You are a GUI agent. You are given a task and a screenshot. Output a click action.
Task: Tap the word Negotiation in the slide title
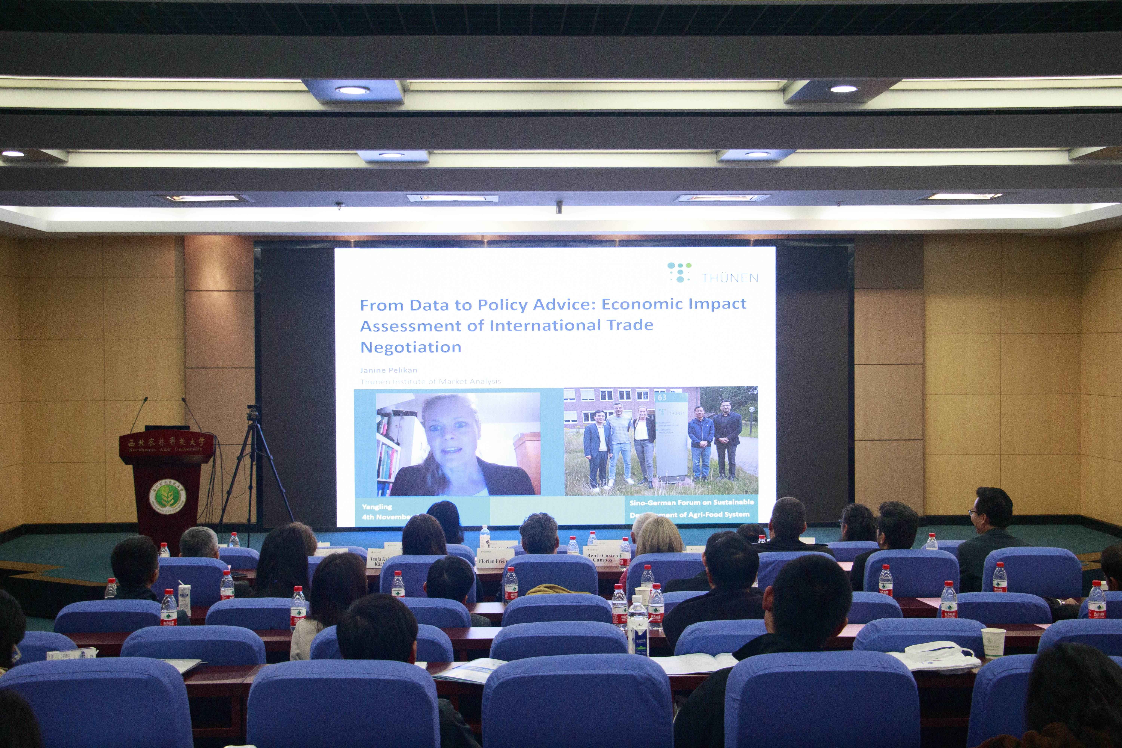[411, 347]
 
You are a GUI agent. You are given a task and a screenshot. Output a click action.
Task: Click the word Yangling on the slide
[377, 507]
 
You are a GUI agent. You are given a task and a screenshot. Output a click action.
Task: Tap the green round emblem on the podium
[167, 496]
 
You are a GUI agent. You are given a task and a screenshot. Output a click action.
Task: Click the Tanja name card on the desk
[378, 561]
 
